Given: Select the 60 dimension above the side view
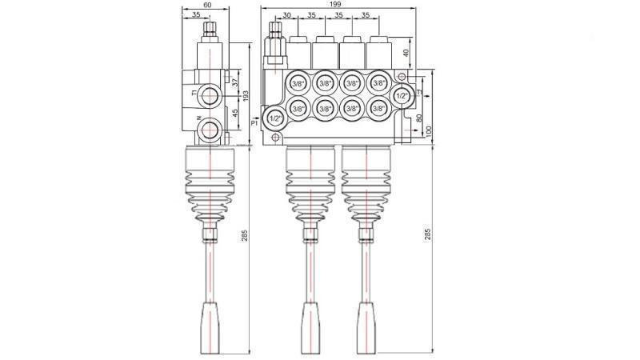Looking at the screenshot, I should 208,5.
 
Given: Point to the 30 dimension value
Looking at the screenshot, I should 286,16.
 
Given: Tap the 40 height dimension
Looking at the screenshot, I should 405,54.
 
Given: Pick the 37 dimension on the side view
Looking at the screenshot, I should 235,82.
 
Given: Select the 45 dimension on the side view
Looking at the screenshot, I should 235,114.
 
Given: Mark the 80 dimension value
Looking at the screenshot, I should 418,119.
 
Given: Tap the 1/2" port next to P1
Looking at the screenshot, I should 276,118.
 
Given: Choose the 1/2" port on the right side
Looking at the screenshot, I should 403,94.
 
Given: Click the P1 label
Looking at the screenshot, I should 254,123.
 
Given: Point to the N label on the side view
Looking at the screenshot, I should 197,120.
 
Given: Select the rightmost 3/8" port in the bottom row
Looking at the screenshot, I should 378,108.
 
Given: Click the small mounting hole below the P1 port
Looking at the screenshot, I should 276,136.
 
